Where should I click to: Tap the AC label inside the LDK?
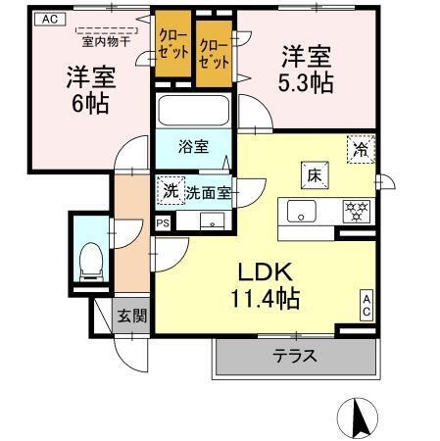pyautogui.click(x=366, y=305)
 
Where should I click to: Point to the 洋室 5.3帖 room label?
pyautogui.click(x=308, y=69)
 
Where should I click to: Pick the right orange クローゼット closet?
pyautogui.click(x=215, y=51)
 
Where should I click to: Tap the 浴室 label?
pyautogui.click(x=192, y=147)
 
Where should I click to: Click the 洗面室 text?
pyautogui.click(x=209, y=193)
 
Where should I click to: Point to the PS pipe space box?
pyautogui.click(x=163, y=223)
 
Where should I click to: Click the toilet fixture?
pyautogui.click(x=88, y=258)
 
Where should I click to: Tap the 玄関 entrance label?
pyautogui.click(x=131, y=316)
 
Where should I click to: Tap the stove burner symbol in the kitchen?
pyautogui.click(x=353, y=210)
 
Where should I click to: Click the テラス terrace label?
pyautogui.click(x=294, y=357)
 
